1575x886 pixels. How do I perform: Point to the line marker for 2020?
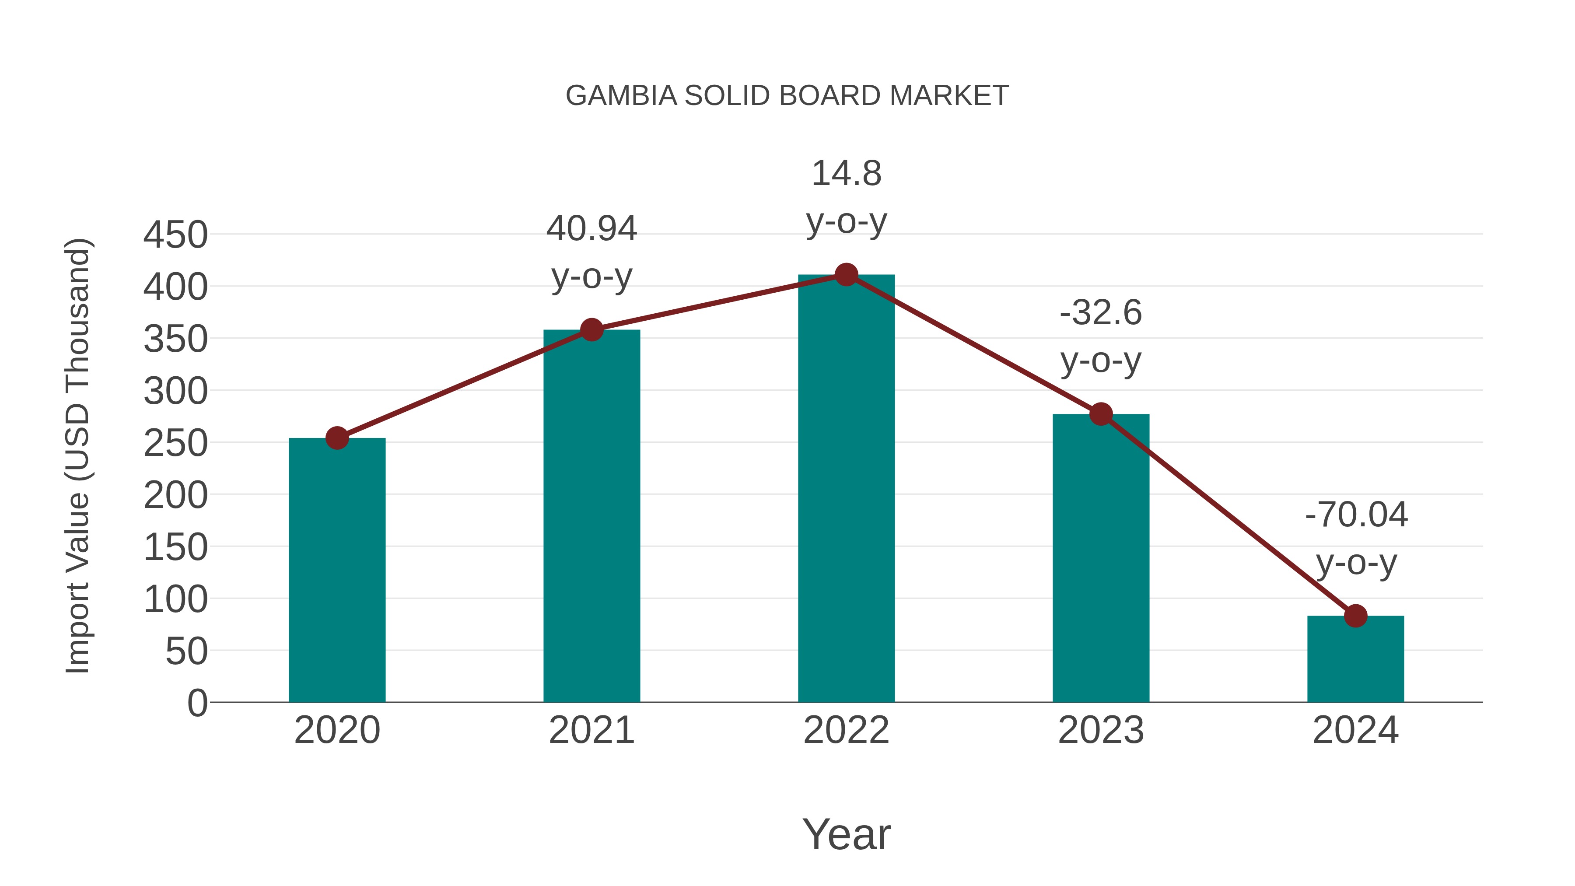point(337,438)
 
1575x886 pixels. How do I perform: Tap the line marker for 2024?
point(1355,616)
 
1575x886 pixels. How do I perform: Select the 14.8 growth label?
point(846,174)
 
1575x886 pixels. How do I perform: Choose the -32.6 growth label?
point(1101,313)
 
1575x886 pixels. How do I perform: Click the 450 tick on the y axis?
point(175,235)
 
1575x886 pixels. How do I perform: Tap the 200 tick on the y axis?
point(175,495)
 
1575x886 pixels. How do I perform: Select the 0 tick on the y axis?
point(197,703)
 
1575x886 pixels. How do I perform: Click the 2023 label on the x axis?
point(1101,730)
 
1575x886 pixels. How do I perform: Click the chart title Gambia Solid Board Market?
point(787,96)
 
